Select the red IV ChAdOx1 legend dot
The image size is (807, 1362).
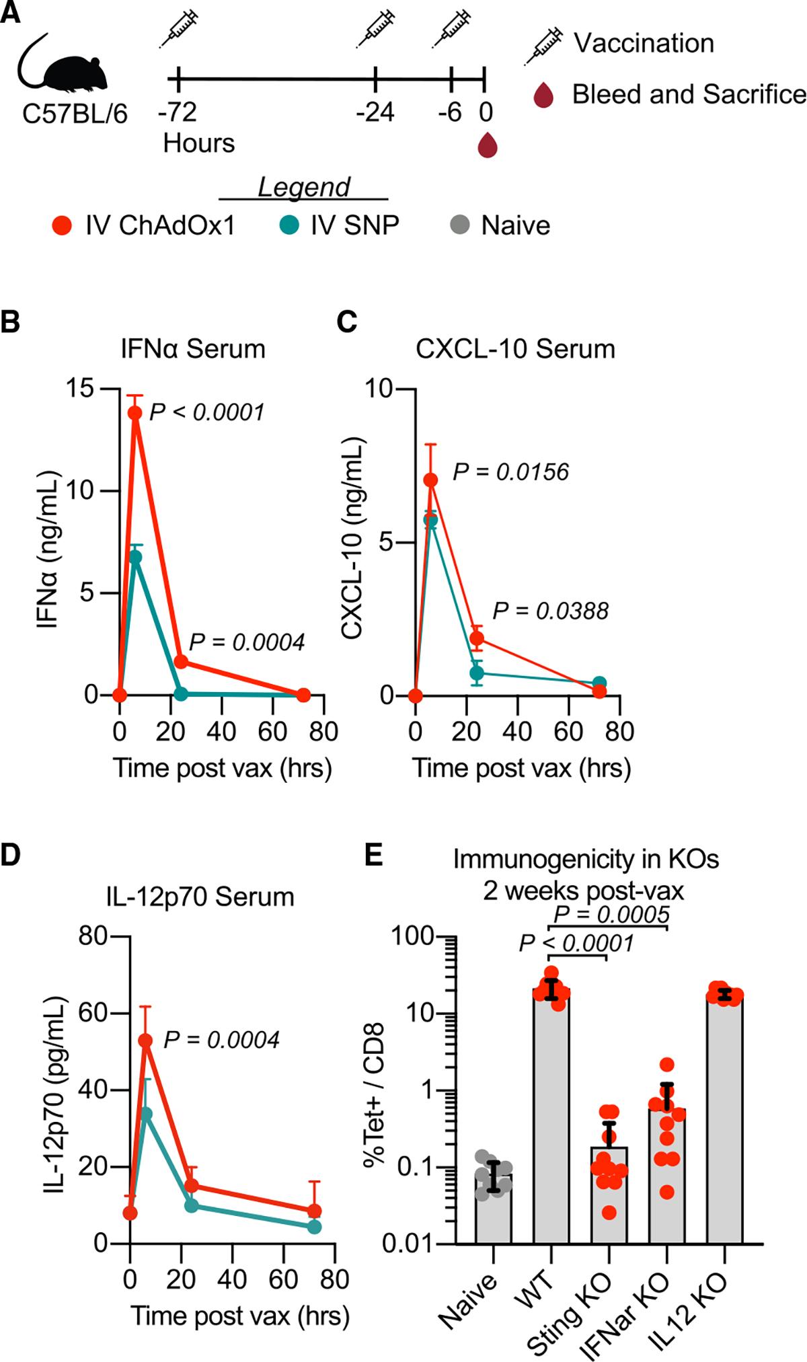point(62,225)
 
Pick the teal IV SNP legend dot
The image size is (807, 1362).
point(289,225)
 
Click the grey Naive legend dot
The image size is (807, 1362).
point(460,225)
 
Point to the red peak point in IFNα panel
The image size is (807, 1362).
point(135,413)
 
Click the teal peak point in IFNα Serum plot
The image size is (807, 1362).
point(135,557)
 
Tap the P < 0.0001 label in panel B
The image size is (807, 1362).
point(206,412)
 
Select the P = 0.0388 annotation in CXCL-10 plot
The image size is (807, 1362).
point(550,611)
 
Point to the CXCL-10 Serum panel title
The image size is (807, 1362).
point(515,349)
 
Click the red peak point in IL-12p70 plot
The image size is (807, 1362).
point(145,1041)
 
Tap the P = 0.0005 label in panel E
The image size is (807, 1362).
point(611,914)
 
